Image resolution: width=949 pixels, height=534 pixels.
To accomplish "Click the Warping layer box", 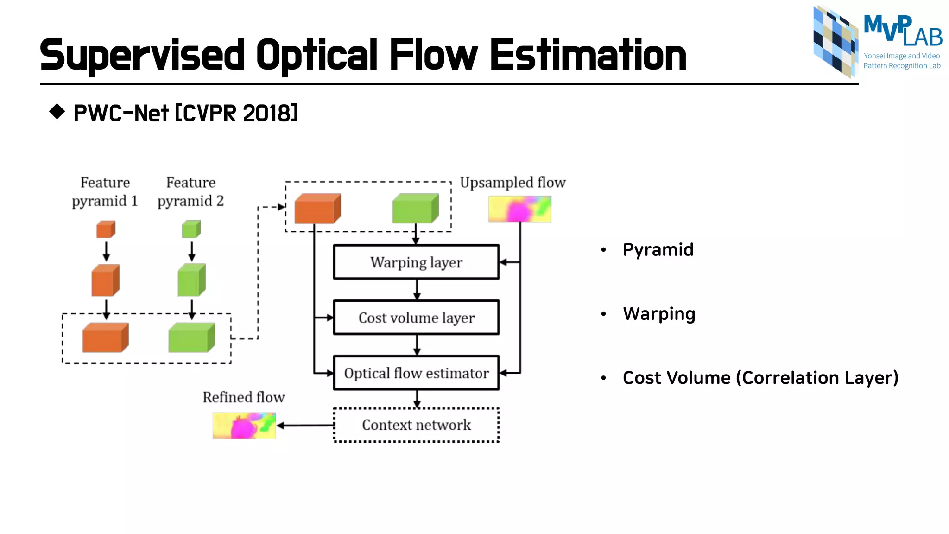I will pos(416,262).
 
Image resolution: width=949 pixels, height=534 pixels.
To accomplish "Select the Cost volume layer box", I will pos(416,318).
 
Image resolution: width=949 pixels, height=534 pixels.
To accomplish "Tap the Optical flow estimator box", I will pos(416,373).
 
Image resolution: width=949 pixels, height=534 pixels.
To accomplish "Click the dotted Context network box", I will pos(416,425).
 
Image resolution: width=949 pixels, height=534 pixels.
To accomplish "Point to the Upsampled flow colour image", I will pos(519,209).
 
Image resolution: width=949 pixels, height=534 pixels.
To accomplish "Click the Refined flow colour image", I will pos(244,426).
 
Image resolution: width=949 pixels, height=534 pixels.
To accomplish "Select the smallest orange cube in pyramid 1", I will pos(105,229).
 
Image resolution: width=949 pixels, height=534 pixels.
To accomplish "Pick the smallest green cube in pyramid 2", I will pos(191,229).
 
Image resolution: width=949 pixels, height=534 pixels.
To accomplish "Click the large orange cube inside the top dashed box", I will pos(317,209).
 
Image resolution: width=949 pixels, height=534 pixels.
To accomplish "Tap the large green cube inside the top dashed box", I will pos(415,209).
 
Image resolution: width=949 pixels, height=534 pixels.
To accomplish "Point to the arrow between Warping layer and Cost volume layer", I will pos(417,290).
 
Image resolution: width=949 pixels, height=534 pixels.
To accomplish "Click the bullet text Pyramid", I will pos(658,250).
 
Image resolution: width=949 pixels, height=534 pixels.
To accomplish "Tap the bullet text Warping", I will pos(658,314).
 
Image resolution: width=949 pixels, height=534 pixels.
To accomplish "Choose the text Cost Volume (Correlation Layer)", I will pos(760,378).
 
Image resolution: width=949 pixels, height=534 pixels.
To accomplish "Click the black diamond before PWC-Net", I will pos(57,111).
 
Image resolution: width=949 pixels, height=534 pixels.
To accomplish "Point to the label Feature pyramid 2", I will pos(190,191).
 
